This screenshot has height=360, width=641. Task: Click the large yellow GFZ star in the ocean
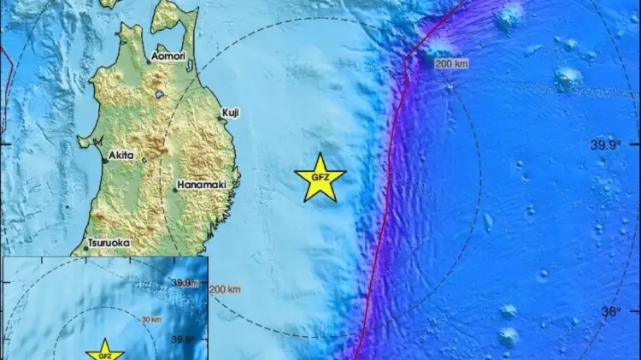click(320, 177)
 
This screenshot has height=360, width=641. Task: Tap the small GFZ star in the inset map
click(103, 353)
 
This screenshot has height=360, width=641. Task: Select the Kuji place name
click(231, 112)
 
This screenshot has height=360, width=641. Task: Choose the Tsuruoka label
click(109, 243)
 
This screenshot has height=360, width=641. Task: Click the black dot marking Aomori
click(148, 62)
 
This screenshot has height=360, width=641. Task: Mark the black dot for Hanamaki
click(174, 189)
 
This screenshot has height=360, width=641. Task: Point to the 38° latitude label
click(609, 312)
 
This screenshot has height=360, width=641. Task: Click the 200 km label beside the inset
click(226, 289)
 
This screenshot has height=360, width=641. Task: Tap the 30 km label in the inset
click(151, 319)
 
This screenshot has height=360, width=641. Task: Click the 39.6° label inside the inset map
click(183, 339)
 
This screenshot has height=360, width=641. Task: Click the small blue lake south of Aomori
click(159, 95)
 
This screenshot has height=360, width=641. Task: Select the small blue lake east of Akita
click(144, 160)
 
